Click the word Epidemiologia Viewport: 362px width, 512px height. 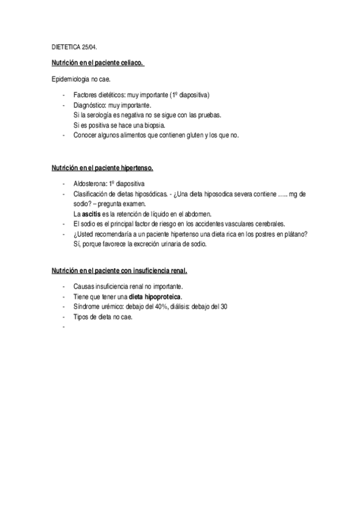70,79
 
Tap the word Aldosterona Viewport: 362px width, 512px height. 89,184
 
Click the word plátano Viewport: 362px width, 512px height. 294,234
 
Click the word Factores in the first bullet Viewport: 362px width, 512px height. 85,95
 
